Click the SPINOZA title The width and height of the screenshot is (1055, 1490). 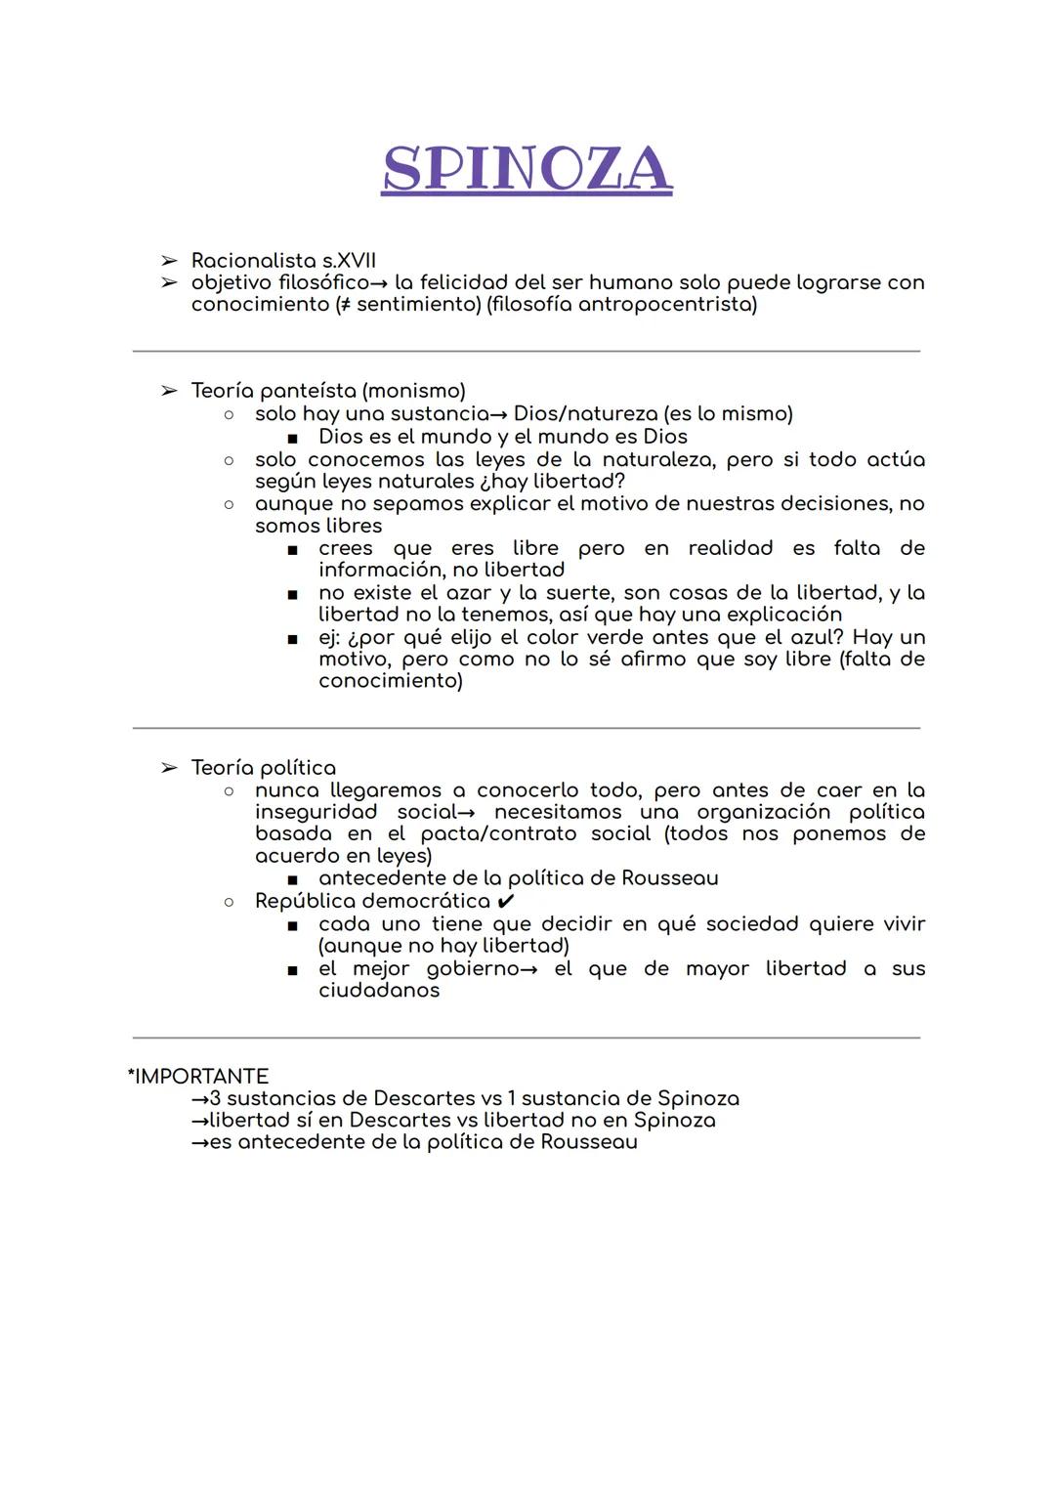click(x=527, y=169)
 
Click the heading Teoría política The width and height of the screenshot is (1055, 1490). click(x=263, y=768)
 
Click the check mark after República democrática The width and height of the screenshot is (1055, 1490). click(x=506, y=901)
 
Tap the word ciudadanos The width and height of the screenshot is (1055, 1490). click(x=379, y=990)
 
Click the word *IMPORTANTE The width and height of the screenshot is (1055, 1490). click(x=198, y=1077)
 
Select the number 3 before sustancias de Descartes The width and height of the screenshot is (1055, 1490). click(x=216, y=1098)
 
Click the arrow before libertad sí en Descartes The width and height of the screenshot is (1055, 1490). click(x=200, y=1121)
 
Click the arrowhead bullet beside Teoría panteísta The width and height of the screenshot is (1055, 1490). click(x=169, y=391)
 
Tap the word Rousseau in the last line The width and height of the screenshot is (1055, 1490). click(x=589, y=1142)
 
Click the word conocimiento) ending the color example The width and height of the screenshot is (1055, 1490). click(x=391, y=680)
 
